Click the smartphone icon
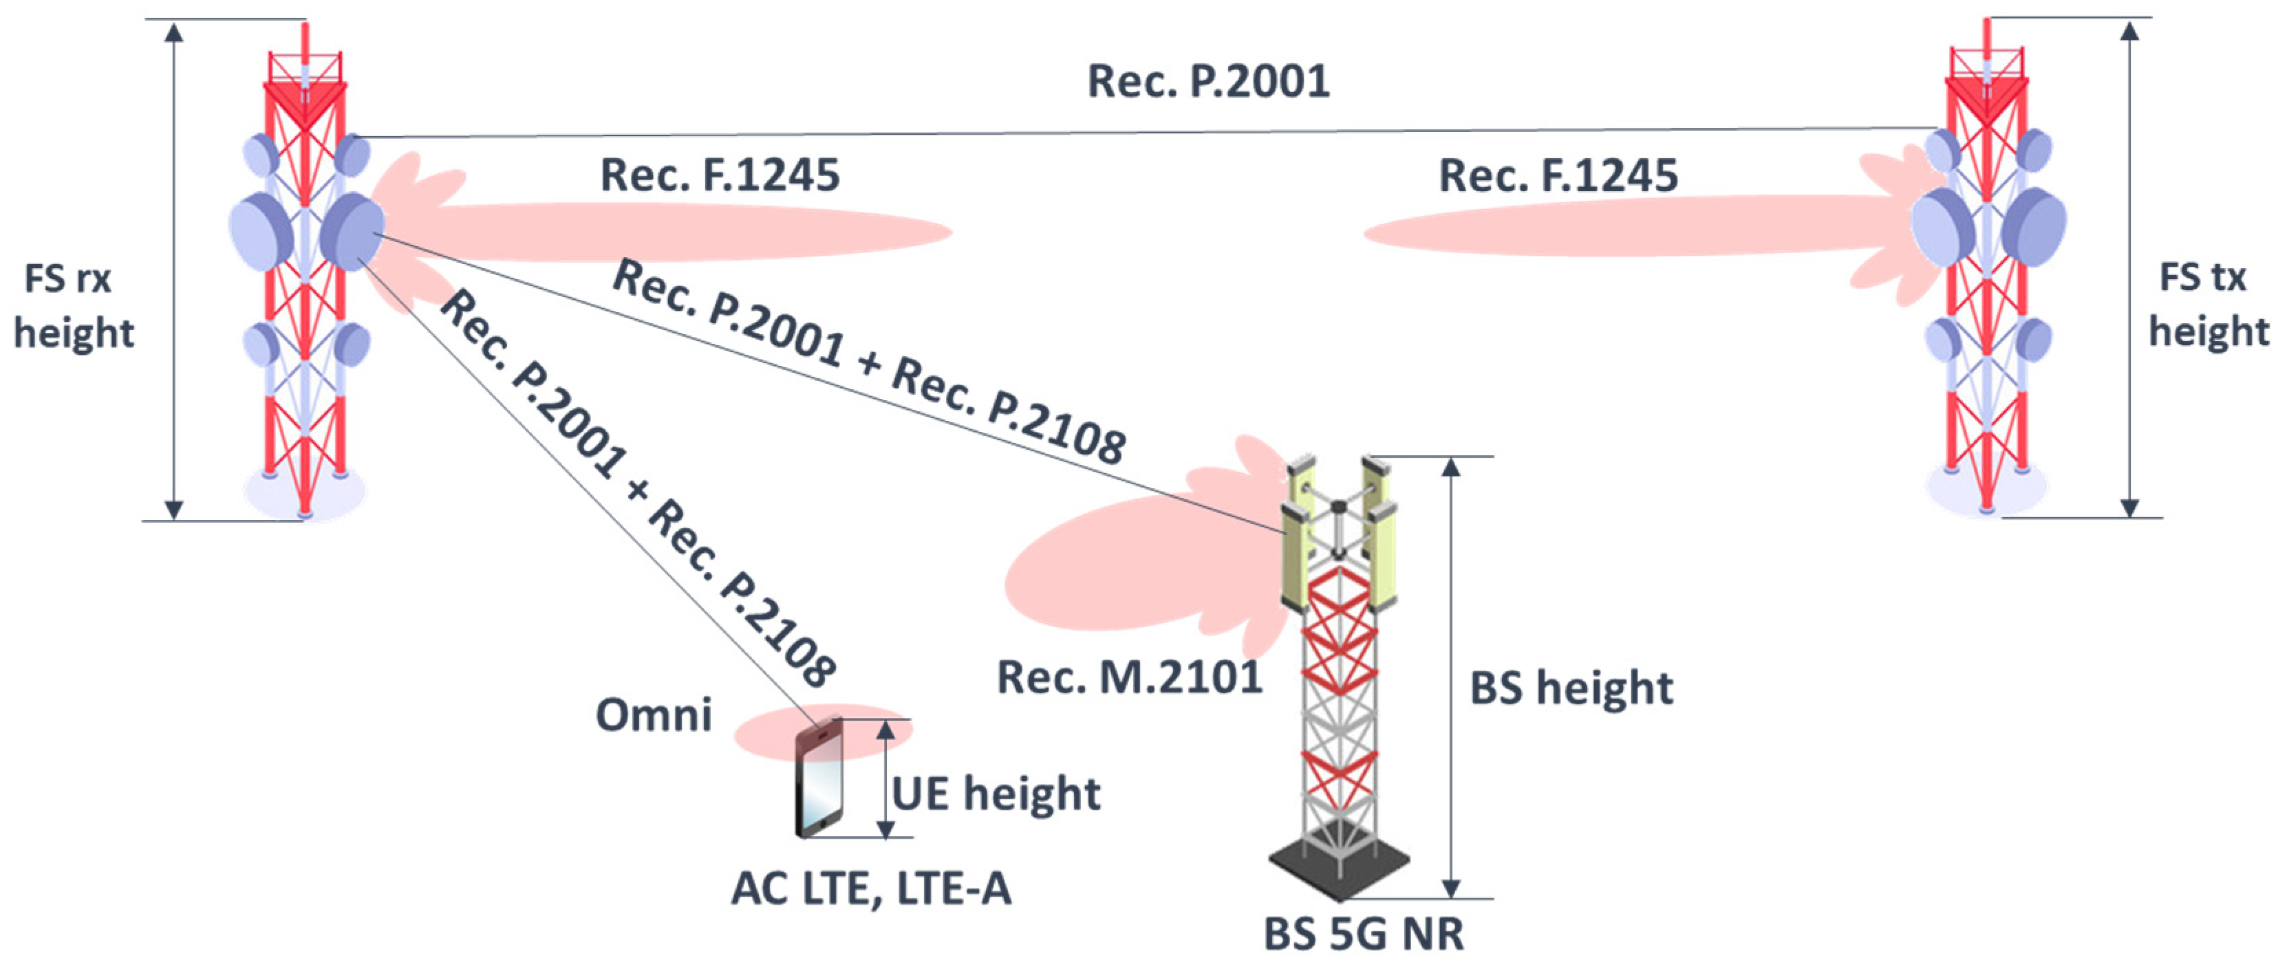pyautogui.click(x=819, y=779)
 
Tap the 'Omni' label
pyautogui.click(x=654, y=715)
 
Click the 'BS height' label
pyautogui.click(x=1571, y=688)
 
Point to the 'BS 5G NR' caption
pyautogui.click(x=1364, y=934)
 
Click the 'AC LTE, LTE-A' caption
pyautogui.click(x=871, y=888)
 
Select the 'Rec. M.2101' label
pyautogui.click(x=1129, y=678)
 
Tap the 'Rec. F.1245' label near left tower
pyautogui.click(x=720, y=175)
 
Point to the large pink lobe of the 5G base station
pyautogui.click(x=1119, y=577)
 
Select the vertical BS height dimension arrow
pyautogui.click(x=1450, y=678)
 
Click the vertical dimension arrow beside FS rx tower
pyautogui.click(x=174, y=271)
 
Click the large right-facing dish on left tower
pyautogui.click(x=352, y=231)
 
